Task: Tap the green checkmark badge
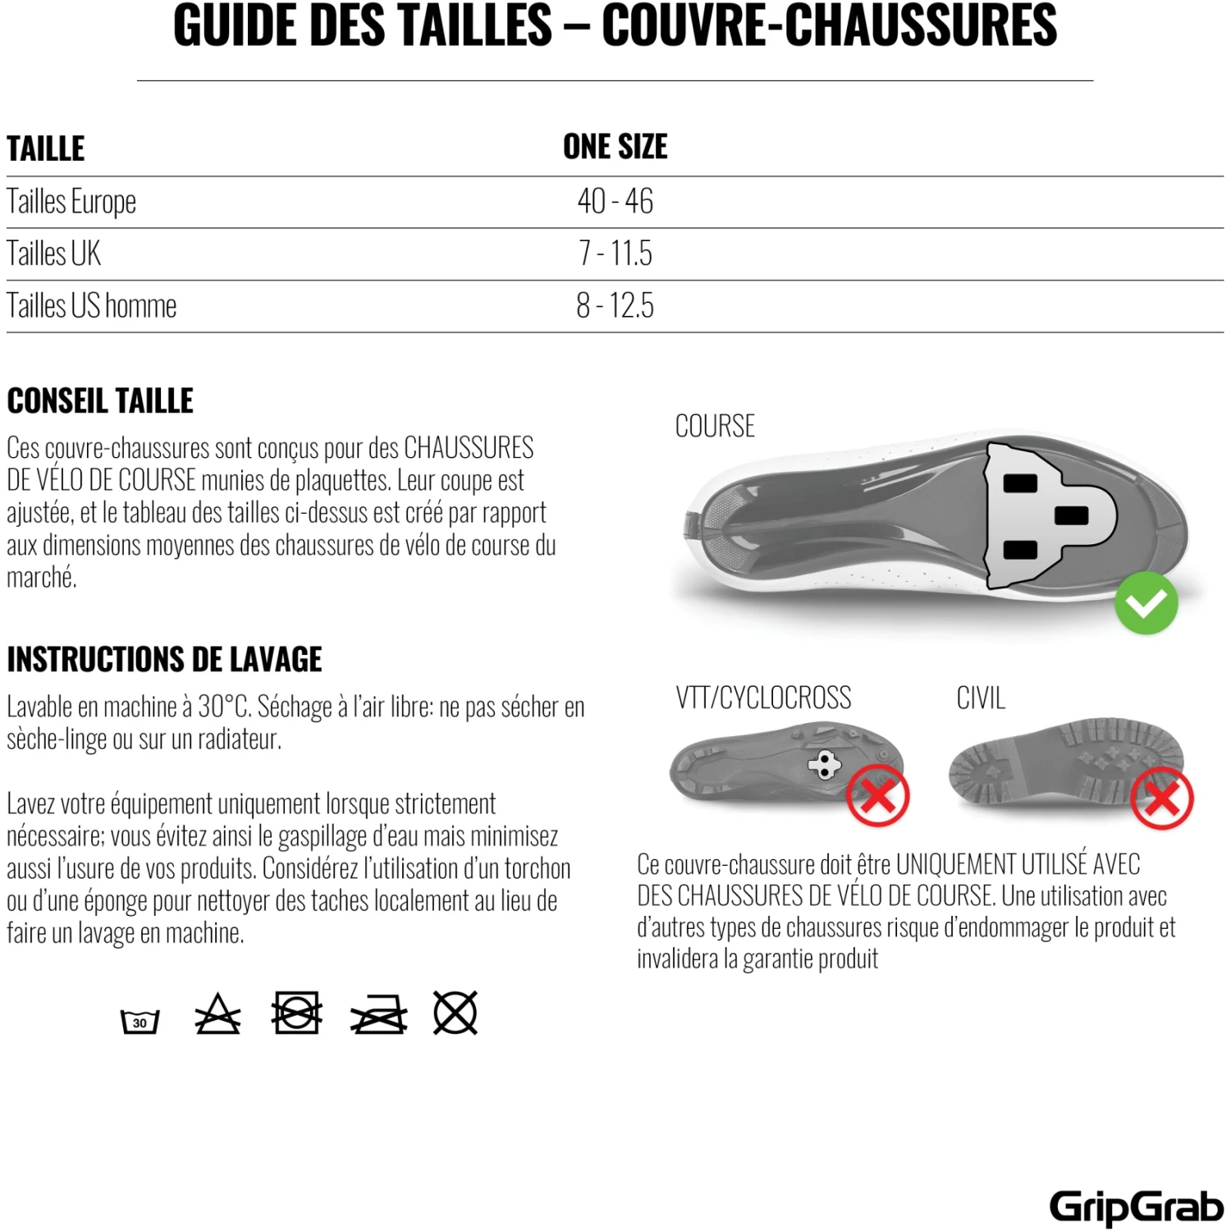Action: pos(1146,603)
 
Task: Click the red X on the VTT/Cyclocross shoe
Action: pos(877,795)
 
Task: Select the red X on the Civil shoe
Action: pos(1161,798)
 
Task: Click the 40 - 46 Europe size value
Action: pos(615,202)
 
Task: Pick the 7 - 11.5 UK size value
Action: pos(615,254)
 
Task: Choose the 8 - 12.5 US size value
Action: pos(615,306)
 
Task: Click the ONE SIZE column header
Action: pos(615,148)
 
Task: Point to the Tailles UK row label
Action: pos(54,254)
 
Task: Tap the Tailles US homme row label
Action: pos(92,306)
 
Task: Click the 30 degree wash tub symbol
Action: pos(140,1021)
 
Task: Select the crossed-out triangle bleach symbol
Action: pos(217,1015)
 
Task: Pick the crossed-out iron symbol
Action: pos(378,1016)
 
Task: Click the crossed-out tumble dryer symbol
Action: pos(295,1013)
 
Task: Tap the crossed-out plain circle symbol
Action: pos(455,1013)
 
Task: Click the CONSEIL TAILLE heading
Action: pos(100,401)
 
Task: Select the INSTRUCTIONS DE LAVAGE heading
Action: pos(164,660)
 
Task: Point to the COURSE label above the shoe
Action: pos(715,427)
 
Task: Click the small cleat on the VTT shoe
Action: pos(824,765)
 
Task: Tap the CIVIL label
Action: pos(980,698)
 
